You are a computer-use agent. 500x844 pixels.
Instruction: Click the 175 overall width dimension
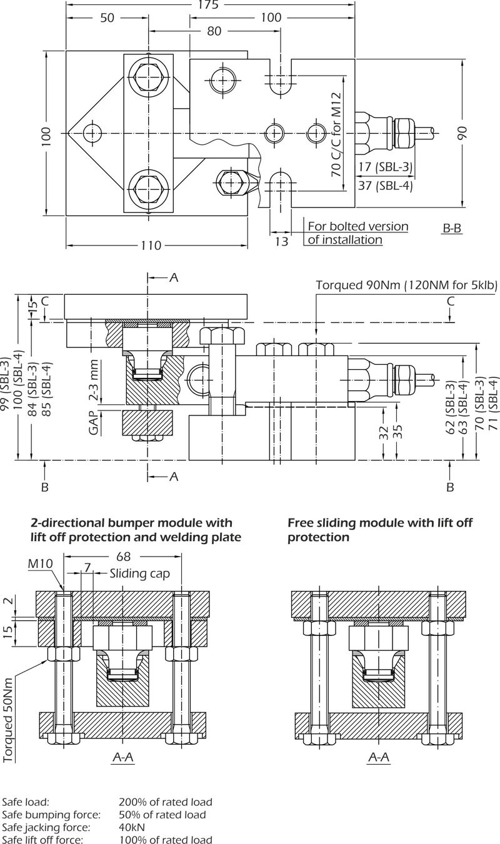click(x=209, y=5)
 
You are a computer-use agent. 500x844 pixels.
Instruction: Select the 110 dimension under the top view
click(x=150, y=246)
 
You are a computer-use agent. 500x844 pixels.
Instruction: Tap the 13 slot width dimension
click(x=282, y=241)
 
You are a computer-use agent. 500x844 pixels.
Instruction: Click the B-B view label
click(x=452, y=229)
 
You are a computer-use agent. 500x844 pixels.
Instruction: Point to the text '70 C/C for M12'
click(x=336, y=141)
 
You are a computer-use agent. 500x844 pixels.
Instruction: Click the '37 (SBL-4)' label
click(x=385, y=185)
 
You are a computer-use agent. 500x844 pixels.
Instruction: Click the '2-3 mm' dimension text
click(x=94, y=380)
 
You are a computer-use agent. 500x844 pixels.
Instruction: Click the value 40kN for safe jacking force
click(x=132, y=827)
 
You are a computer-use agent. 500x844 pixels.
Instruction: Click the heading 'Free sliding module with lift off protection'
click(x=380, y=529)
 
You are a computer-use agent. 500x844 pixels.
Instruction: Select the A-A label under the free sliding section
click(x=377, y=757)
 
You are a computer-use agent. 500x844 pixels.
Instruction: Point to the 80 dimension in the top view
click(x=214, y=31)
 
